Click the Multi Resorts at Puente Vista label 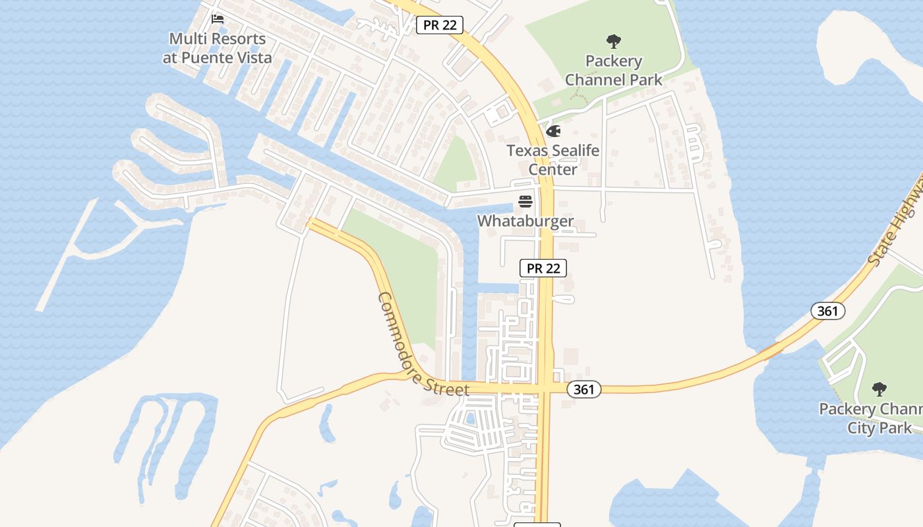[x=217, y=48]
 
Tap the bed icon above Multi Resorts [x=217, y=19]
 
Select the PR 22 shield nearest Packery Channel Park [x=440, y=25]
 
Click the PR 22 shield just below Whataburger [x=543, y=267]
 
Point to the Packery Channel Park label [x=614, y=70]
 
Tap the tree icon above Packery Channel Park [x=614, y=42]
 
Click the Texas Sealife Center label [x=553, y=159]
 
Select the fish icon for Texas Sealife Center [x=553, y=131]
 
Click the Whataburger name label [x=525, y=221]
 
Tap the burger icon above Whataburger [x=525, y=200]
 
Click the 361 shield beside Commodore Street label [x=583, y=389]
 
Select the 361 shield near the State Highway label [x=827, y=310]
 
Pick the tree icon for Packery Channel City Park [x=879, y=389]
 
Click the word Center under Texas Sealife [x=553, y=169]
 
